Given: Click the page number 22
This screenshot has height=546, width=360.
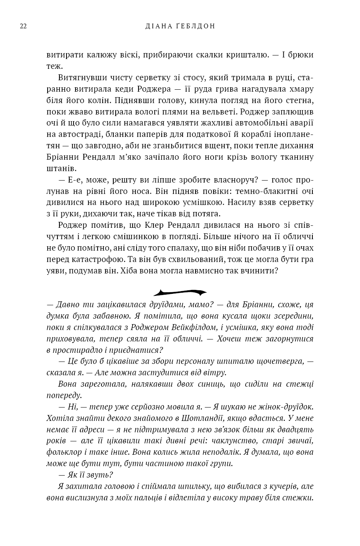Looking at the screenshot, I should click(x=23, y=26).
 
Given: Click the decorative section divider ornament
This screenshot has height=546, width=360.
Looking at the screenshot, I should click(x=180, y=292).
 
